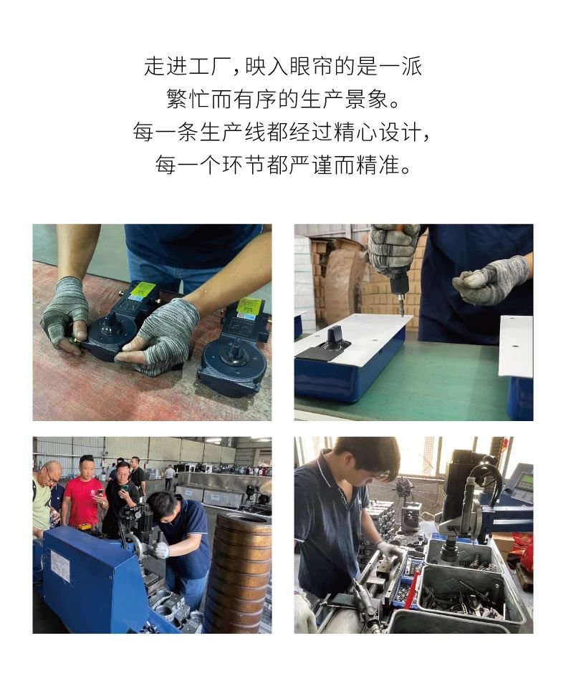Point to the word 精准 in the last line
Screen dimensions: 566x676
click(378, 165)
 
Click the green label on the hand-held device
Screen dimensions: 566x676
click(143, 290)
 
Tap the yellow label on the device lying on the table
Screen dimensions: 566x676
click(249, 308)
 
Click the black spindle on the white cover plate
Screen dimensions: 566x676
click(333, 337)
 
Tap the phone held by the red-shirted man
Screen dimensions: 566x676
click(100, 493)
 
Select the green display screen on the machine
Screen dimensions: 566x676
click(527, 479)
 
